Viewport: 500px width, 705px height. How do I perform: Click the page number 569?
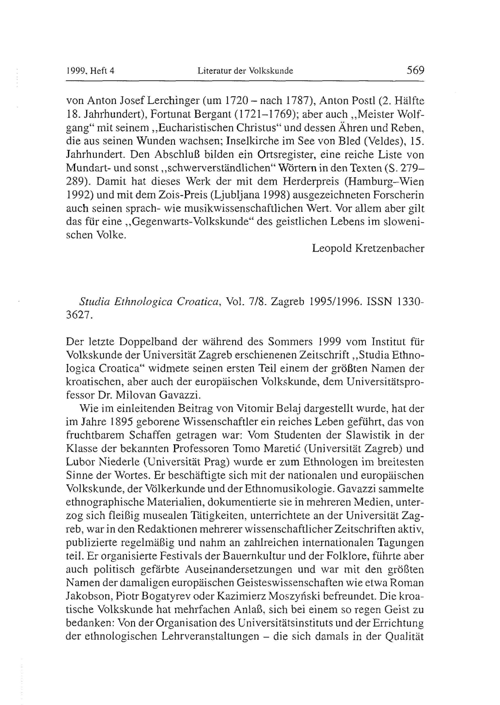click(x=415, y=70)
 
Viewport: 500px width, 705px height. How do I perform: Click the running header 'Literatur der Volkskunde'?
click(x=245, y=71)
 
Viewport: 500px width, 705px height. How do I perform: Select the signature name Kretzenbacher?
click(x=390, y=248)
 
